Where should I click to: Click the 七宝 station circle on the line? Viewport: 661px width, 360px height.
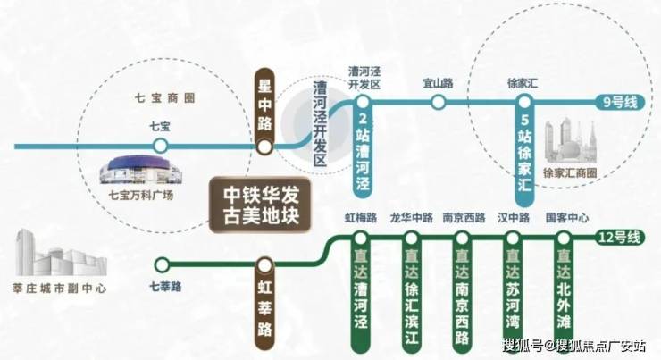pyautogui.click(x=160, y=147)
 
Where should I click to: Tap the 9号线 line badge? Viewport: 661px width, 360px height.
pyautogui.click(x=620, y=103)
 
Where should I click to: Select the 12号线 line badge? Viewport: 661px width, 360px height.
pyautogui.click(x=620, y=238)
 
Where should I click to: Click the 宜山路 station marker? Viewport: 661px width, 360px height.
pyautogui.click(x=439, y=102)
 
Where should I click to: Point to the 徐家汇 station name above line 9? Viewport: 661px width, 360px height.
pyautogui.click(x=523, y=83)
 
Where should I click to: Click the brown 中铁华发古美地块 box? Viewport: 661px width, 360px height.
pyautogui.click(x=261, y=205)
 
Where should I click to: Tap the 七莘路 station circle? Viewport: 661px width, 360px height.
pyautogui.click(x=161, y=265)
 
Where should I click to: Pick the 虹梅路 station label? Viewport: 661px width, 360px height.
pyautogui.click(x=361, y=218)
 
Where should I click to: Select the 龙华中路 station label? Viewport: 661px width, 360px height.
pyautogui.click(x=412, y=218)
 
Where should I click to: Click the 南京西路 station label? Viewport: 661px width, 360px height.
pyautogui.click(x=464, y=218)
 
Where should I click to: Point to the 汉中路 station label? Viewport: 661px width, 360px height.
pyautogui.click(x=514, y=218)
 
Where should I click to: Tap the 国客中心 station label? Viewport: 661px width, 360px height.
pyautogui.click(x=567, y=218)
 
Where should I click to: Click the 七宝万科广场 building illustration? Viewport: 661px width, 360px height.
pyautogui.click(x=141, y=171)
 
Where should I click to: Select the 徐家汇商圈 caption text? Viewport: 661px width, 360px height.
pyautogui.click(x=570, y=173)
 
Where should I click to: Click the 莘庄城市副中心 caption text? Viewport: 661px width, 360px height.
pyautogui.click(x=60, y=289)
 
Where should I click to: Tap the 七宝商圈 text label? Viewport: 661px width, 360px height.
pyautogui.click(x=165, y=98)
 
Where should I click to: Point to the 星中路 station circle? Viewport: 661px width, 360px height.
pyautogui.click(x=264, y=147)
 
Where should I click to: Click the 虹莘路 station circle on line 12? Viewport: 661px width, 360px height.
pyautogui.click(x=264, y=265)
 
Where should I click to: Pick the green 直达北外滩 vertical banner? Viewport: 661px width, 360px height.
pyautogui.click(x=564, y=291)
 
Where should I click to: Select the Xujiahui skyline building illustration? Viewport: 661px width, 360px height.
pyautogui.click(x=571, y=142)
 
